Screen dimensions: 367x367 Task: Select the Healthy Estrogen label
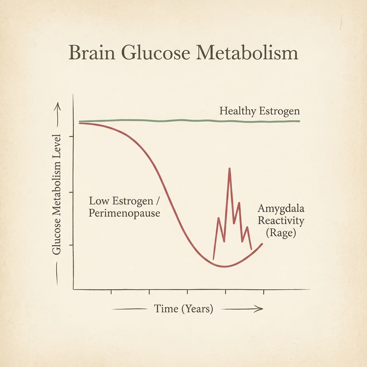(x=259, y=111)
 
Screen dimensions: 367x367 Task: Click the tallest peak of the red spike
(x=229, y=168)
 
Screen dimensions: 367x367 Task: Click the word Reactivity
(x=281, y=221)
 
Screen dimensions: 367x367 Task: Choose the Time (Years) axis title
(x=183, y=309)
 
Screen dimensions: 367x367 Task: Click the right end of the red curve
(x=263, y=244)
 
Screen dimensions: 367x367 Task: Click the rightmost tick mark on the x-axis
(x=264, y=292)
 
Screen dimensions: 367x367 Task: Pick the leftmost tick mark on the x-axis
(x=111, y=292)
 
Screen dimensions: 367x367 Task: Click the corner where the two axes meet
(x=73, y=289)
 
